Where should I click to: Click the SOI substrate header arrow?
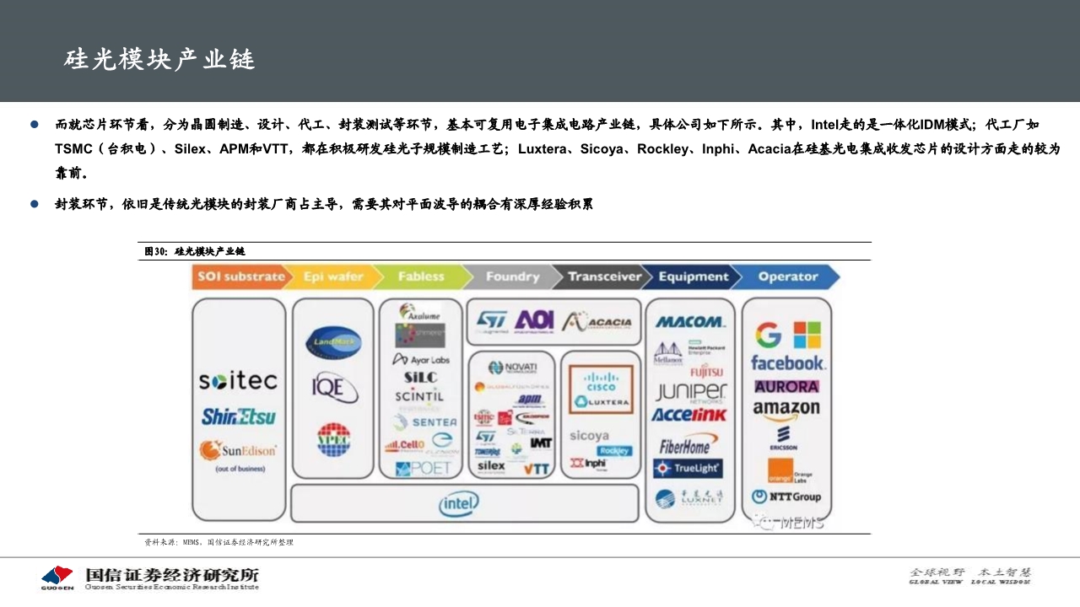pyautogui.click(x=240, y=277)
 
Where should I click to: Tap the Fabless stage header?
pyautogui.click(x=420, y=277)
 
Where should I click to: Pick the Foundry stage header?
pyautogui.click(x=511, y=277)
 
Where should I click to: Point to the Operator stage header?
pyautogui.click(x=786, y=277)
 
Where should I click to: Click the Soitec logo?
pyautogui.click(x=238, y=381)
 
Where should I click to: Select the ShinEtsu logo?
pyautogui.click(x=238, y=416)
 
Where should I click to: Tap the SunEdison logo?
pyautogui.click(x=238, y=451)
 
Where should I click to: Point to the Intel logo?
pyautogui.click(x=460, y=504)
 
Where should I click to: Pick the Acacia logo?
pyautogui.click(x=597, y=321)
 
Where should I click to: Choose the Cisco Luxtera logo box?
pyautogui.click(x=601, y=389)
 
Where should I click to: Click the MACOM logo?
pyautogui.click(x=689, y=321)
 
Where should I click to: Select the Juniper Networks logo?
pyautogui.click(x=690, y=393)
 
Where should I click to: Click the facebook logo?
pyautogui.click(x=787, y=363)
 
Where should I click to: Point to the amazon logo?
pyautogui.click(x=786, y=409)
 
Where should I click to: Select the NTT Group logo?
pyautogui.click(x=786, y=497)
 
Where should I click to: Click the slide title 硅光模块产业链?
pyautogui.click(x=159, y=60)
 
